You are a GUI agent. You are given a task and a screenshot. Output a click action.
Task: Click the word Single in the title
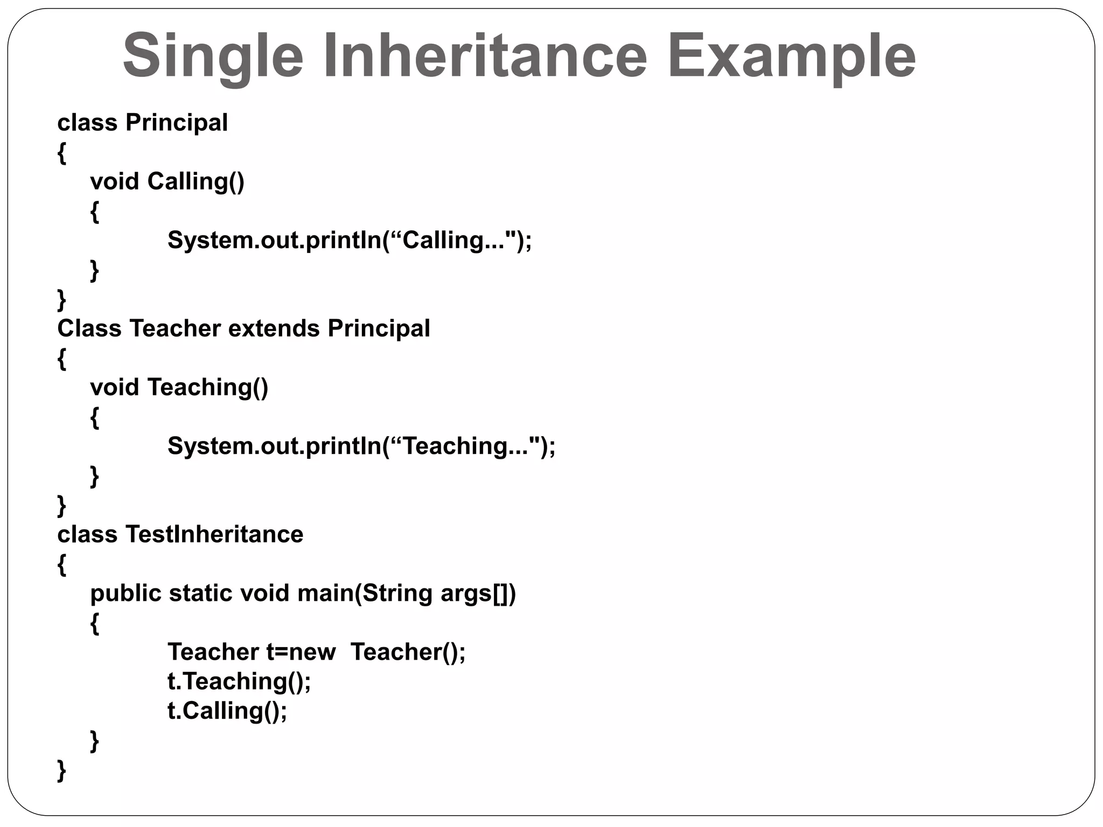click(213, 56)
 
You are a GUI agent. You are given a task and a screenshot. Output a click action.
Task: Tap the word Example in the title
click(791, 56)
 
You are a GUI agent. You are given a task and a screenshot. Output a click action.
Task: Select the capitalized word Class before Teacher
click(89, 328)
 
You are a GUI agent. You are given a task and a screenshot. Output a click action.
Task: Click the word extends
click(274, 328)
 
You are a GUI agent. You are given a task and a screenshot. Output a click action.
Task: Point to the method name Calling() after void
click(196, 181)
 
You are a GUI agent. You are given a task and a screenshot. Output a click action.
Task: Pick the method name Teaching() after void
click(207, 388)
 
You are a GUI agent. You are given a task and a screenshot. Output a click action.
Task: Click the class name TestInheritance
click(214, 535)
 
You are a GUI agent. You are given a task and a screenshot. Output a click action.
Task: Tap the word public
click(125, 593)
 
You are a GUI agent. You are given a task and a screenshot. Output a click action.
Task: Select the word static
click(201, 593)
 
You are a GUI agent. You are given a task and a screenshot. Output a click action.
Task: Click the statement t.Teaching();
click(239, 682)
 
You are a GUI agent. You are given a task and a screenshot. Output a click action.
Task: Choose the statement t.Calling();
click(227, 711)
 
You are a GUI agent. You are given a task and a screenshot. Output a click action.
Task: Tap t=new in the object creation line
click(301, 652)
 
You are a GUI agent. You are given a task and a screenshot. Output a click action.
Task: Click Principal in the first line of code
click(177, 123)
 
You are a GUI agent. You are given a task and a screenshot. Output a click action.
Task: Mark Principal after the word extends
click(379, 328)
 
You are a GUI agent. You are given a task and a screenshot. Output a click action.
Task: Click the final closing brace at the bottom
click(62, 770)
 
